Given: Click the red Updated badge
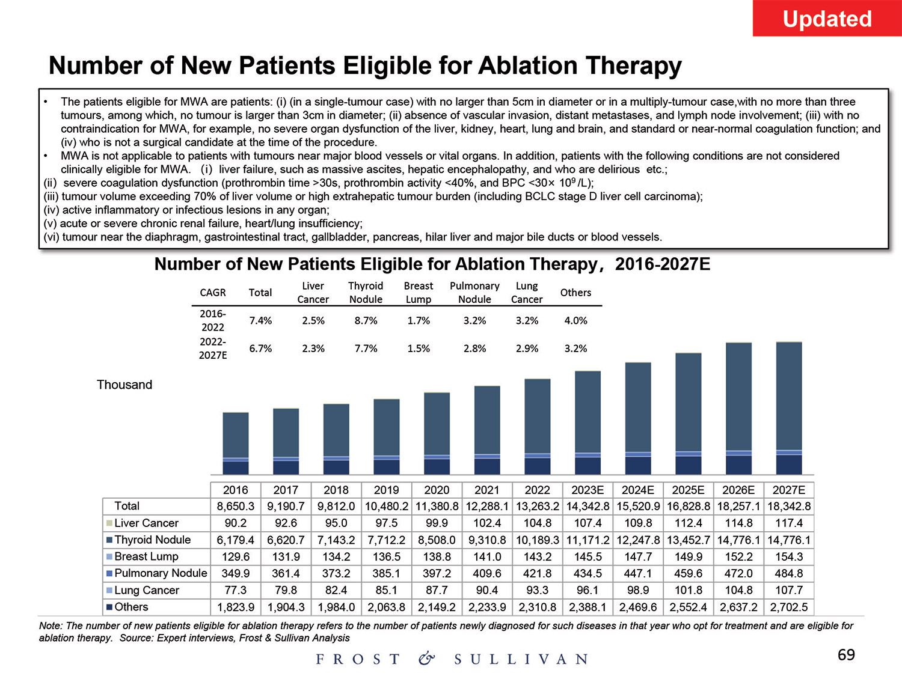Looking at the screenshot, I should pyautogui.click(x=827, y=19).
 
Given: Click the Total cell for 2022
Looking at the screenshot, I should pyautogui.click(x=538, y=507).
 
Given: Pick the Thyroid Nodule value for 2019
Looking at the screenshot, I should pyautogui.click(x=386, y=540).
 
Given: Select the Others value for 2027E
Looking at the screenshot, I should pyautogui.click(x=789, y=607).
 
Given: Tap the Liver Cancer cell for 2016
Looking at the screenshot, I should pyautogui.click(x=236, y=523).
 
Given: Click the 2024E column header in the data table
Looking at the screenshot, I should pyautogui.click(x=638, y=490).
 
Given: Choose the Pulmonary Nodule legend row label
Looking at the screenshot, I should pyautogui.click(x=161, y=574).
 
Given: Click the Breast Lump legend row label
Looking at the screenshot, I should pyautogui.click(x=146, y=557).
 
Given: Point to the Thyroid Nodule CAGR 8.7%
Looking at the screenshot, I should pyautogui.click(x=366, y=321).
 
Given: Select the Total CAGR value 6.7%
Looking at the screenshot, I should pyautogui.click(x=260, y=349).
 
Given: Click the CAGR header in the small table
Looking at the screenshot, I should pyautogui.click(x=213, y=293).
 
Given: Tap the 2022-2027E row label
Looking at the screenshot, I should pyautogui.click(x=213, y=349).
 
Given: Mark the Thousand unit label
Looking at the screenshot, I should pyautogui.click(x=124, y=385).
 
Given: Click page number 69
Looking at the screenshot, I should pyautogui.click(x=846, y=655).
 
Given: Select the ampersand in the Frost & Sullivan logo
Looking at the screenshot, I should pyautogui.click(x=426, y=659).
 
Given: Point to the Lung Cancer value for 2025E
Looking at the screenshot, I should pyautogui.click(x=689, y=591).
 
